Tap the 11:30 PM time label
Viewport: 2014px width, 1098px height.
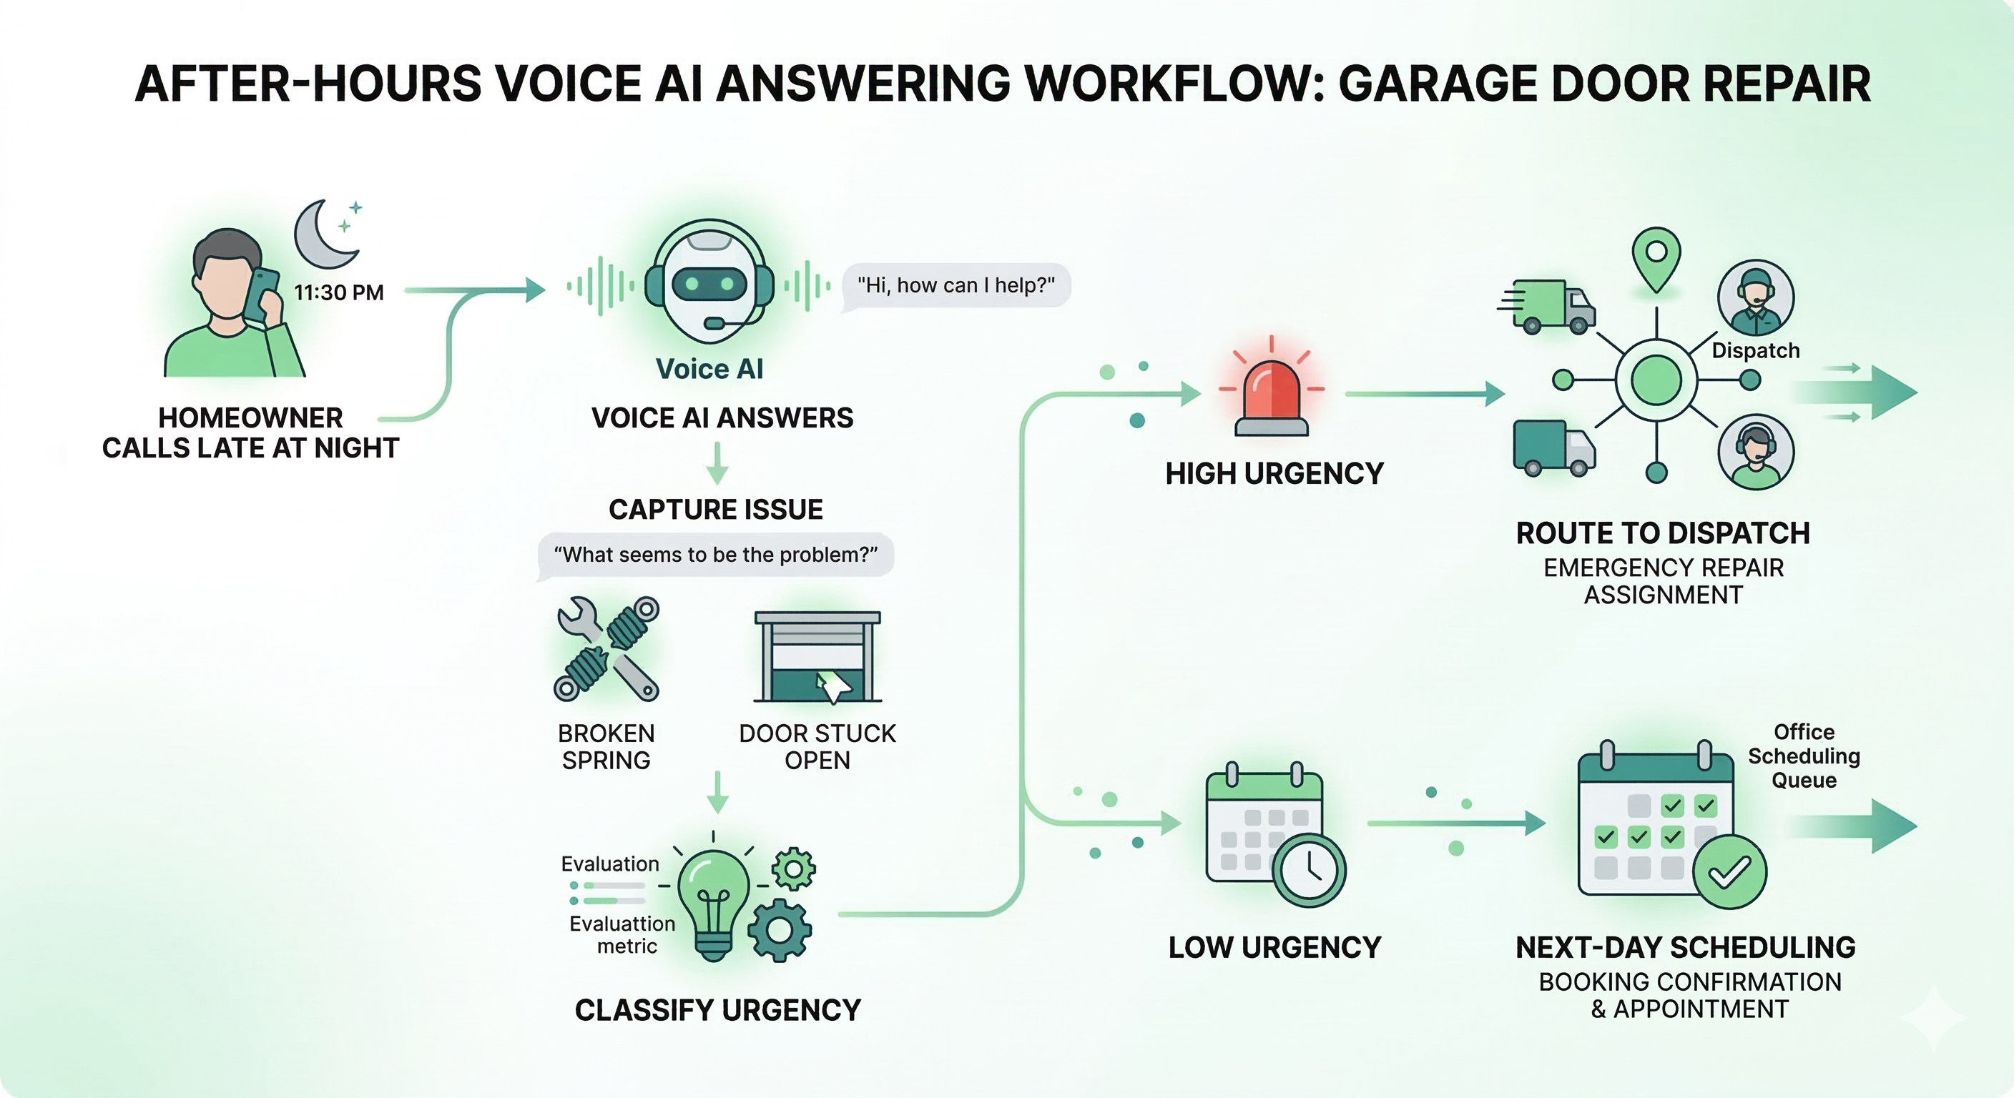338,292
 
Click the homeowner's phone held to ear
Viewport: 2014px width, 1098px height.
261,294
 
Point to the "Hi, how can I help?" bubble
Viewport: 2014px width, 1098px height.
956,285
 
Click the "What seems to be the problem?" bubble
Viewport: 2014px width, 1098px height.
715,555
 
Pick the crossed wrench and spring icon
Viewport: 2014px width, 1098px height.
607,648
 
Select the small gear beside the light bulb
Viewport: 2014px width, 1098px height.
794,869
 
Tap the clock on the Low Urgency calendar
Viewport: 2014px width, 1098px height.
1310,870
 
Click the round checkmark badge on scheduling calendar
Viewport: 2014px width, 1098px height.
1729,872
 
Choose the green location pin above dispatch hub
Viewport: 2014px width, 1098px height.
1656,259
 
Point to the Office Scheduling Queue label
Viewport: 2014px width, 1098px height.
1804,756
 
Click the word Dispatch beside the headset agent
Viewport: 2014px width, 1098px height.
1755,351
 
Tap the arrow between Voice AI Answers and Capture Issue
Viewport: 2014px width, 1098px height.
717,463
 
